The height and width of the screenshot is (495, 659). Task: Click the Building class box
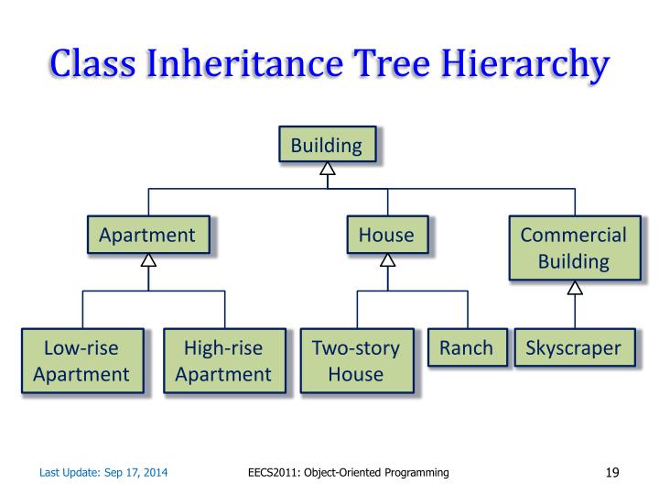click(327, 145)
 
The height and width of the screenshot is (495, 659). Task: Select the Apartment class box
click(147, 235)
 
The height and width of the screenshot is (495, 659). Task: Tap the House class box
click(386, 235)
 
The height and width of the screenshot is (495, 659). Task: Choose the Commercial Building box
click(574, 247)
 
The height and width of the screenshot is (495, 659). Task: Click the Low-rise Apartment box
click(81, 360)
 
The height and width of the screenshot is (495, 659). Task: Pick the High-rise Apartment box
click(223, 360)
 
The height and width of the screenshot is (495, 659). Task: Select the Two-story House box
click(357, 360)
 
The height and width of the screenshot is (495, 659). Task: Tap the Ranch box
click(466, 348)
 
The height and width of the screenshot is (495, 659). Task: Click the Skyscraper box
click(573, 348)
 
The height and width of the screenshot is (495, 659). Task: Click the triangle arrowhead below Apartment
click(147, 259)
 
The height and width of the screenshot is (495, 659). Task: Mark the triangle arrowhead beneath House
click(387, 259)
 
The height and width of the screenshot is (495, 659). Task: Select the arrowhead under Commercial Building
click(575, 288)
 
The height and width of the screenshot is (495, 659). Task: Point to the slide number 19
click(613, 473)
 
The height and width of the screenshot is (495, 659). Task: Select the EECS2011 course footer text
click(349, 473)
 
